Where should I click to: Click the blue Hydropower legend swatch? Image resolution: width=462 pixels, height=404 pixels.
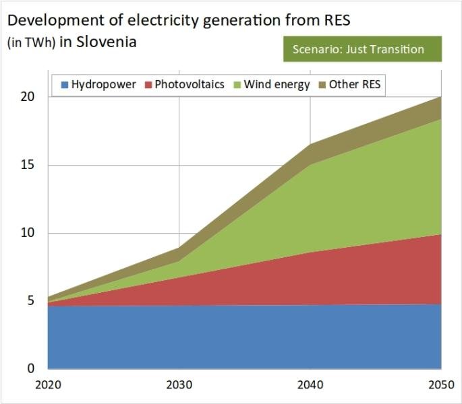click(x=65, y=85)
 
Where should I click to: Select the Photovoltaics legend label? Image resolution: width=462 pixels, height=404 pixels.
click(x=190, y=85)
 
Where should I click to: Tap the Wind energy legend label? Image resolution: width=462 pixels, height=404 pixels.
click(x=277, y=85)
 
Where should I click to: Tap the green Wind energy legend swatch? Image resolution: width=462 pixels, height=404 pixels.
click(x=236, y=85)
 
